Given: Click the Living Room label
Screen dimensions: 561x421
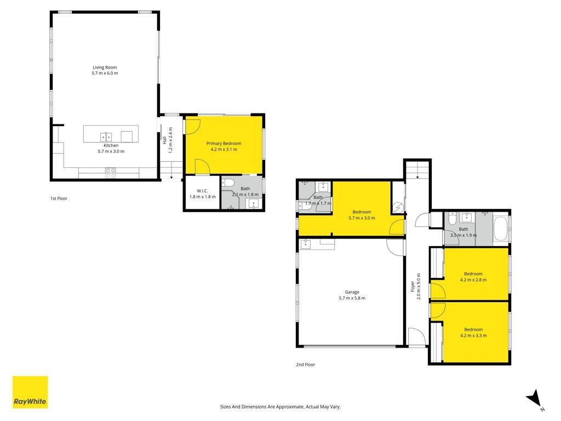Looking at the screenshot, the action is click(105, 67).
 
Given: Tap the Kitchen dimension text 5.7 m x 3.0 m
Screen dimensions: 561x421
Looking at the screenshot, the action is click(111, 151).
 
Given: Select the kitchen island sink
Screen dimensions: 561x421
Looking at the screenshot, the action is click(106, 136).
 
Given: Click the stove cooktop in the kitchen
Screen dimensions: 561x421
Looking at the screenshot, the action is click(111, 173).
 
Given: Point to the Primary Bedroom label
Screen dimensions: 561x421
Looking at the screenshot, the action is click(224, 144).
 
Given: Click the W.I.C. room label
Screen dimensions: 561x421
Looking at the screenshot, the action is click(202, 191).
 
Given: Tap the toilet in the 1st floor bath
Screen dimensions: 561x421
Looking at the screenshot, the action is click(228, 183).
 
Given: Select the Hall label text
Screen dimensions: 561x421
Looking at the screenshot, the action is click(164, 140).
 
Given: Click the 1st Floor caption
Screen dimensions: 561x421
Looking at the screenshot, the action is click(59, 198).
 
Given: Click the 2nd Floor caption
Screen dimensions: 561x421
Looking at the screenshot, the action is click(306, 365).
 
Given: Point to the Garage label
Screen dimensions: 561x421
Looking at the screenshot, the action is click(352, 292).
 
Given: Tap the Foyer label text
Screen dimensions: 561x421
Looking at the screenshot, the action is click(413, 286).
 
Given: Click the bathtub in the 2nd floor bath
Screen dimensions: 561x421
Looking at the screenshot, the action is click(501, 229).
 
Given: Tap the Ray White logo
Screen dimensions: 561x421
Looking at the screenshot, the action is click(30, 392).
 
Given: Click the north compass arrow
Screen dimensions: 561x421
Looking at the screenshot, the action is click(535, 398).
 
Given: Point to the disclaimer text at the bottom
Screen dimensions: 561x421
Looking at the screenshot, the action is click(280, 407).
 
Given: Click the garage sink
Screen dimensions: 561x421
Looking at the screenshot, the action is click(306, 244).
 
